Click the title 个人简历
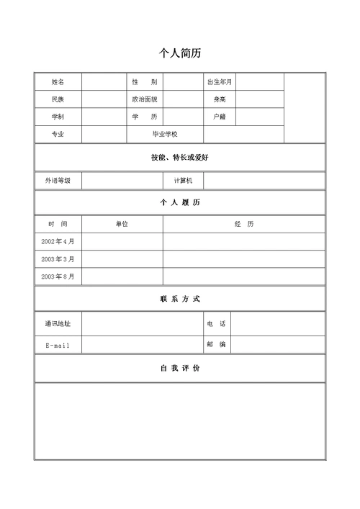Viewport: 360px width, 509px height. [x=180, y=53]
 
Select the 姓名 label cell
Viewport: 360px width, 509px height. [x=58, y=81]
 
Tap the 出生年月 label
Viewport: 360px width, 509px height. [x=220, y=81]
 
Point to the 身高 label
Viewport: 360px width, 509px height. [x=220, y=99]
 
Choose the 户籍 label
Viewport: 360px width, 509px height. [x=220, y=116]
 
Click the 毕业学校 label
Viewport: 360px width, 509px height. [x=165, y=134]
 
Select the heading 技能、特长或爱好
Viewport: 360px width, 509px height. [x=180, y=157]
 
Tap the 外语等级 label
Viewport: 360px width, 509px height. [x=58, y=180]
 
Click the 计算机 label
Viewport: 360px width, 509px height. [x=184, y=180]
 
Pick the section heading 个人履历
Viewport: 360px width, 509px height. [x=180, y=202]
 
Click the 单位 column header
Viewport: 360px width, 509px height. [x=122, y=224]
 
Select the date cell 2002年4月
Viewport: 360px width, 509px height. [x=58, y=241]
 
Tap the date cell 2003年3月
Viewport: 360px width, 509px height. [x=58, y=258]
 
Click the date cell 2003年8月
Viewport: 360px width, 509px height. [x=58, y=276]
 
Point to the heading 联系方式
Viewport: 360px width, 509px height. [x=180, y=298]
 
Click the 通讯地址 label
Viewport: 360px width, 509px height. [x=58, y=323]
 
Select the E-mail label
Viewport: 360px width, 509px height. [x=58, y=346]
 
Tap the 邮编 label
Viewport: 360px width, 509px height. [x=216, y=344]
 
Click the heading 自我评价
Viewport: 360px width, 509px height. [x=180, y=368]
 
